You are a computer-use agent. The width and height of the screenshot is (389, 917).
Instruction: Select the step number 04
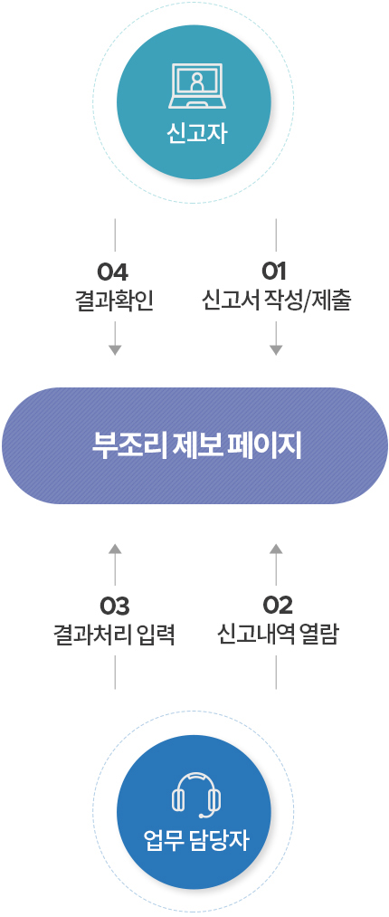tap(112, 272)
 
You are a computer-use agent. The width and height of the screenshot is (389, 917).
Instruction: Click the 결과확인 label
tap(115, 301)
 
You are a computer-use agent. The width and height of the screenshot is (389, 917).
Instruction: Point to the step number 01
tap(274, 272)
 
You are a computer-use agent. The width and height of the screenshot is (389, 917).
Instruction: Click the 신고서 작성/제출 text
tap(276, 301)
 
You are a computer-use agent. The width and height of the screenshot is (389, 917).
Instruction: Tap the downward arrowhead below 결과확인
tap(115, 349)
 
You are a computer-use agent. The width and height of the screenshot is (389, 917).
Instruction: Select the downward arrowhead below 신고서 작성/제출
tap(276, 349)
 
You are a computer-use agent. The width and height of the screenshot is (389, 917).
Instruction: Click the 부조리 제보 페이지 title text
tap(196, 445)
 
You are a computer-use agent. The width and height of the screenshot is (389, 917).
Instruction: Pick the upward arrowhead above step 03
tap(115, 549)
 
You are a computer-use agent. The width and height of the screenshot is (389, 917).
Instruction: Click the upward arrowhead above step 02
tap(276, 549)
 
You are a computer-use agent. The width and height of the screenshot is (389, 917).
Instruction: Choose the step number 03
tap(115, 607)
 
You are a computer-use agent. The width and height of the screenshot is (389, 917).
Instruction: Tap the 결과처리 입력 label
tap(115, 635)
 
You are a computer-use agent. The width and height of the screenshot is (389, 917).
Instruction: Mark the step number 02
tap(278, 607)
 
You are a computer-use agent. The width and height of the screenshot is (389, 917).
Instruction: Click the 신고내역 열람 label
tap(277, 635)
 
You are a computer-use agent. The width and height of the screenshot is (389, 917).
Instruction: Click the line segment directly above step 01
tap(276, 235)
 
